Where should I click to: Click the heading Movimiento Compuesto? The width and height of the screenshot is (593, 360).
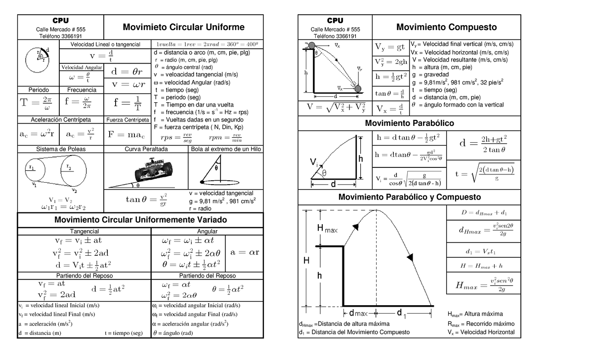pos(446,27)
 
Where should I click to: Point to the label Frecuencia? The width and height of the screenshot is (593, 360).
pos(82,90)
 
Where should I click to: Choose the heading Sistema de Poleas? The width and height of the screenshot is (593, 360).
pos(60,149)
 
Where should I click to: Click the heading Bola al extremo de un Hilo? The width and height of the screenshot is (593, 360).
pos(226,149)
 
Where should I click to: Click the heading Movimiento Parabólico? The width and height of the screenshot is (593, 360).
pos(409,123)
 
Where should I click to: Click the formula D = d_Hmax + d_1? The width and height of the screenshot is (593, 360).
pos(483,213)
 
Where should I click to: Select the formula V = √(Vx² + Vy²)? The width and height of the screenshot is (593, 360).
pos(335,108)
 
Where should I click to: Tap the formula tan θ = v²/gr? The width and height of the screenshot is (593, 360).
pos(146,200)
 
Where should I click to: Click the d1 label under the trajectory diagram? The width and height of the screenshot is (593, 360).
pos(402,313)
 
